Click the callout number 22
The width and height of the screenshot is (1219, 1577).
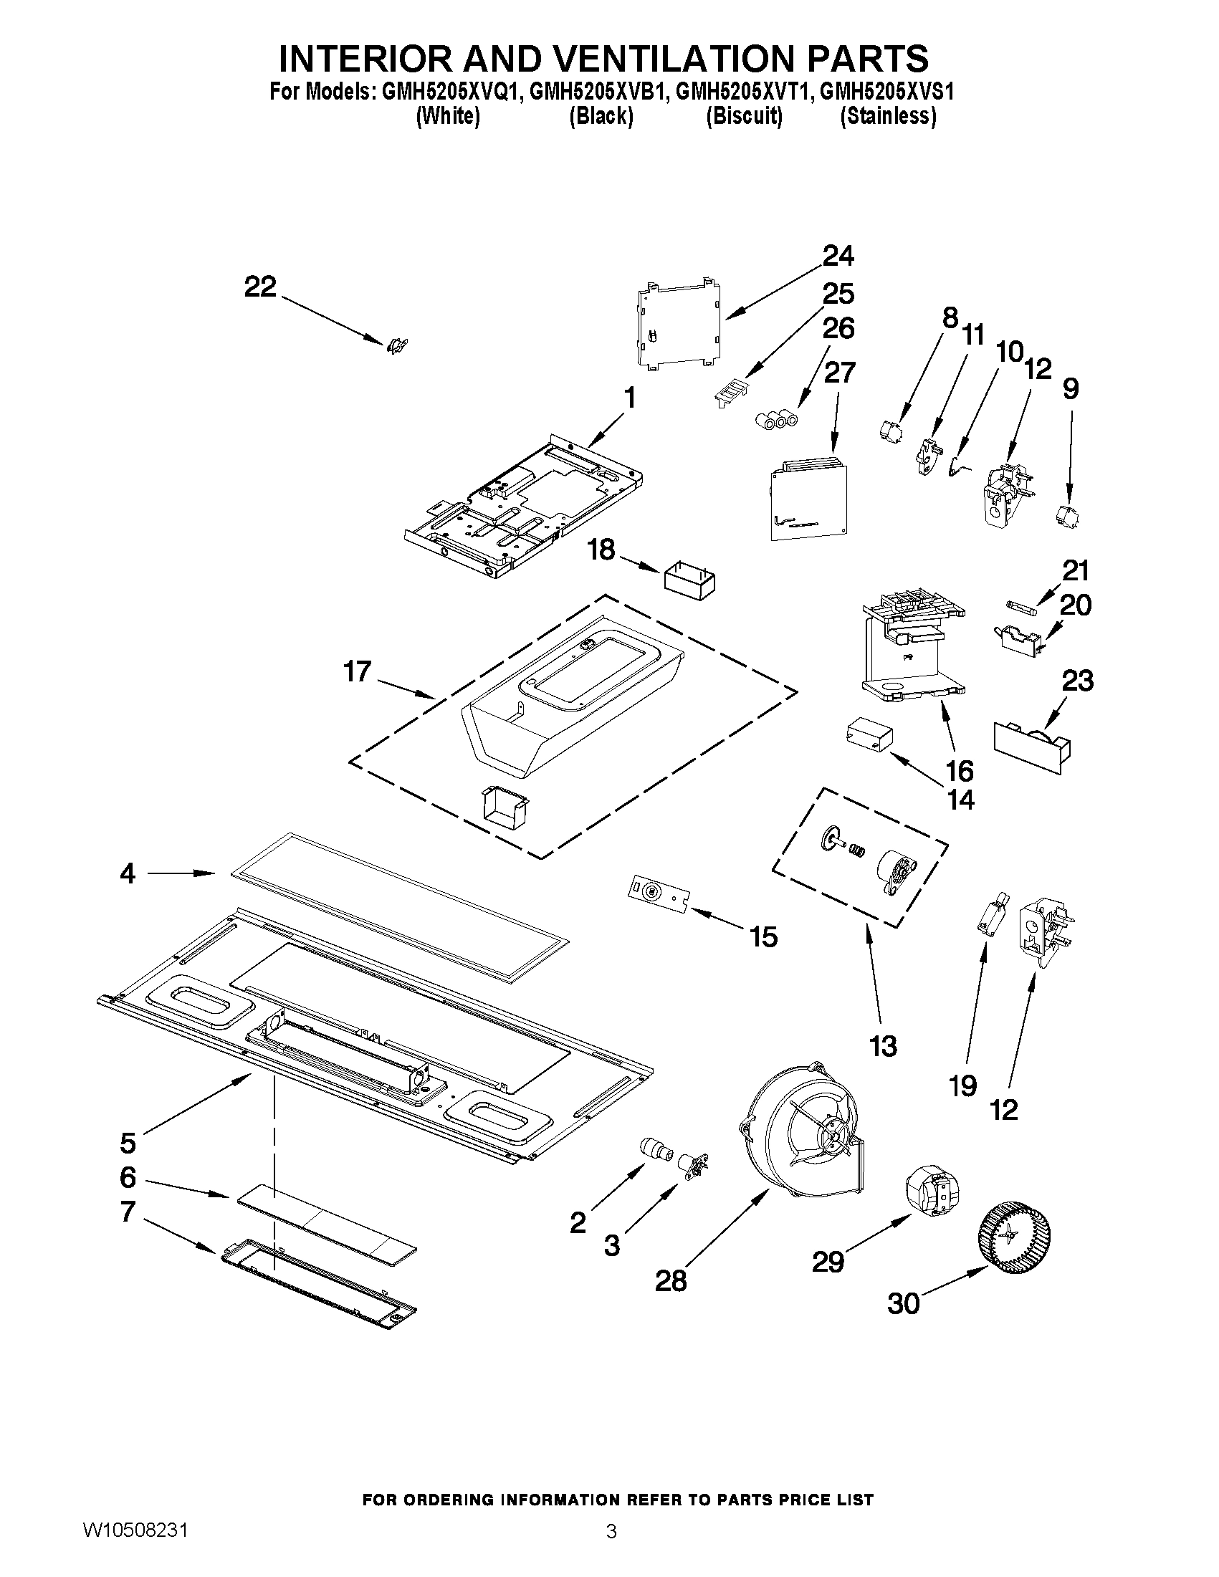(260, 287)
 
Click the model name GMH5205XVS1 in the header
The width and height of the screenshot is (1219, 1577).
(887, 92)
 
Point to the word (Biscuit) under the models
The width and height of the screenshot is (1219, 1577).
(744, 116)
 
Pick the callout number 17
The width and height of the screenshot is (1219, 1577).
(357, 671)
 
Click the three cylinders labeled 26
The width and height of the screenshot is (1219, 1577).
(775, 418)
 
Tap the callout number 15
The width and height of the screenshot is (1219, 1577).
(763, 937)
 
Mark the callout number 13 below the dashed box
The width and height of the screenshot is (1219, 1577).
(883, 1045)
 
